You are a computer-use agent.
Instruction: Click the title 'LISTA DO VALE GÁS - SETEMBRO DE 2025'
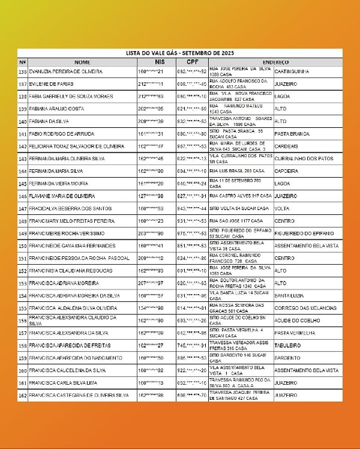pos(179,53)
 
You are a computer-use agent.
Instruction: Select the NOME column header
pos(82,62)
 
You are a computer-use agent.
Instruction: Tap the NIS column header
pos(159,62)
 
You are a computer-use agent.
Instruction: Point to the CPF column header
pos(192,62)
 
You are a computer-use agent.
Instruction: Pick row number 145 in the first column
pos(23,183)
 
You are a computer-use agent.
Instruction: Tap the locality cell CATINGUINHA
pos(291,71)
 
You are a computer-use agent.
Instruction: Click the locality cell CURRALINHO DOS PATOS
pos(302,158)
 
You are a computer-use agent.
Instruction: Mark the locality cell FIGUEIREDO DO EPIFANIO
pos(303,233)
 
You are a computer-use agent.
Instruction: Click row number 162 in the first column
pos(23,395)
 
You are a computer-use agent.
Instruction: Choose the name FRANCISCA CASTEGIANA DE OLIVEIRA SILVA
pos(79,395)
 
